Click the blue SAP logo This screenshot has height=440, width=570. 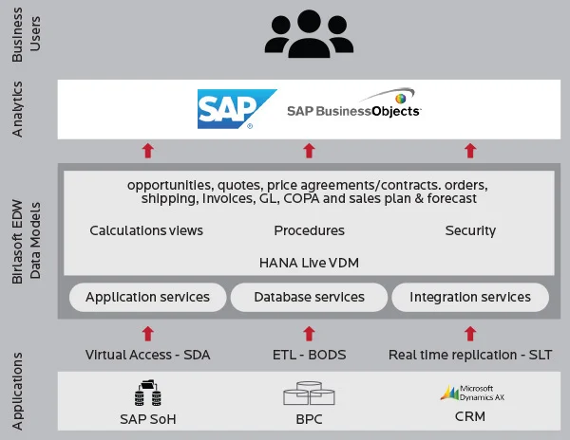tap(236, 109)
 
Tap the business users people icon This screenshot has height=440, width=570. tap(309, 37)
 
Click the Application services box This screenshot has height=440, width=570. tap(147, 298)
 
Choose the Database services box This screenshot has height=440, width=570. tap(309, 298)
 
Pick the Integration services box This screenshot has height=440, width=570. tap(470, 298)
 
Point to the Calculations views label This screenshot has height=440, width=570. tap(146, 230)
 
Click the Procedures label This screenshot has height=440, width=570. tap(309, 230)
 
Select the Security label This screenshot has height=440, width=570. tap(470, 230)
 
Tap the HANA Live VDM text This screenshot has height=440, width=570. tap(309, 261)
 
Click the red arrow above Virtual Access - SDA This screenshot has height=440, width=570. tap(147, 333)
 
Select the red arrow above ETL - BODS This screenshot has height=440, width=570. tap(309, 333)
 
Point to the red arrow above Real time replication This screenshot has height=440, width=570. tap(470, 333)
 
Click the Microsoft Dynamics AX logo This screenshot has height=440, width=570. tap(471, 393)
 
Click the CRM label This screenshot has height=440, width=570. tap(470, 418)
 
